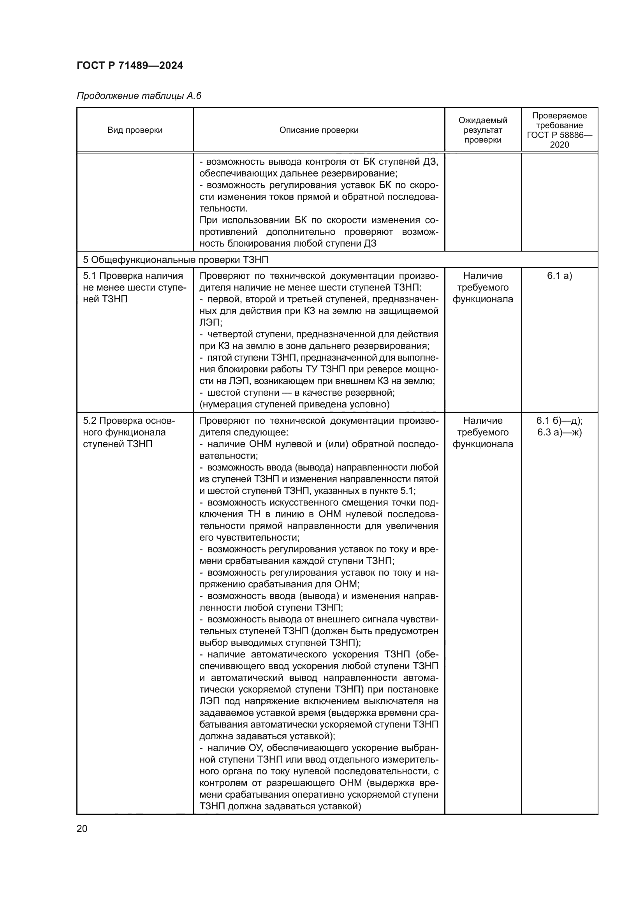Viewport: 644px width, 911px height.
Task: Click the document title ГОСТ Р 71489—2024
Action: point(130,65)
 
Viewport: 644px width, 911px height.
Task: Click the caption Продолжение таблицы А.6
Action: point(139,96)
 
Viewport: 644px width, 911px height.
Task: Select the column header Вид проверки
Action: point(135,130)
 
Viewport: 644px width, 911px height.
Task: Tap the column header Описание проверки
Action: point(318,130)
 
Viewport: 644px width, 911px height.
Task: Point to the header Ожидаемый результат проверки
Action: point(482,130)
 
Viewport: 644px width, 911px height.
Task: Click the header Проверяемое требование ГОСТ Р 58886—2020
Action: point(559,130)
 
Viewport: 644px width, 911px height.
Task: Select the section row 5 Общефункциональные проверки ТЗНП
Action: point(176,260)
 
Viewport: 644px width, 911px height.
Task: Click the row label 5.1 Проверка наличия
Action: point(133,276)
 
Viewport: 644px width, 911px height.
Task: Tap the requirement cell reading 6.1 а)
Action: point(559,276)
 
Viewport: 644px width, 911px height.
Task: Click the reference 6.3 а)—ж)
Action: point(559,433)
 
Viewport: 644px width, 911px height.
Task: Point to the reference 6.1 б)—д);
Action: point(559,421)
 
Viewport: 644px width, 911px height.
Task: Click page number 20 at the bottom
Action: point(82,828)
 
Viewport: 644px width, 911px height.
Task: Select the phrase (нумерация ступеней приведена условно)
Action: point(294,405)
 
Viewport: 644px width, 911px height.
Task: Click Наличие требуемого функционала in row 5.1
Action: point(482,288)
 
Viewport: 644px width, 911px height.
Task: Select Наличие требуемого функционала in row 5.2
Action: point(482,432)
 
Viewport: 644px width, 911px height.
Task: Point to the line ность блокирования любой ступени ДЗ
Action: point(287,243)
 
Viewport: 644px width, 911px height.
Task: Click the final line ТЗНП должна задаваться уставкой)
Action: point(280,806)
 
